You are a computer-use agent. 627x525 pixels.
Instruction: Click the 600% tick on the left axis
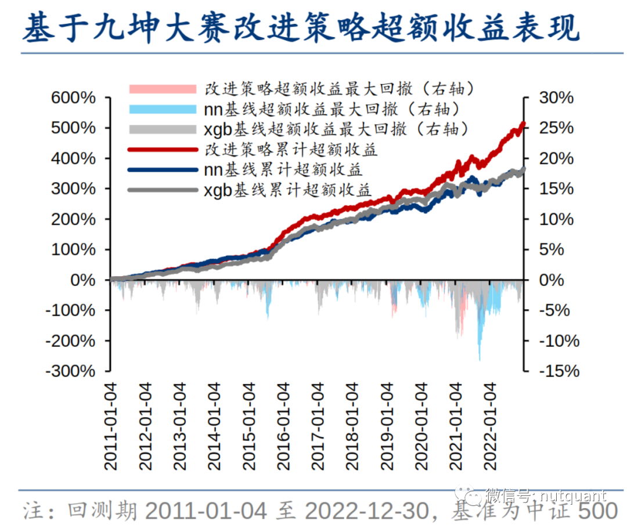click(73, 97)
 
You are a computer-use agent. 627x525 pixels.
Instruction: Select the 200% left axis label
click(73, 219)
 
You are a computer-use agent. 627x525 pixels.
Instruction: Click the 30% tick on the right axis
click(556, 97)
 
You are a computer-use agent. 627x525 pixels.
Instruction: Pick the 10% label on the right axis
click(556, 219)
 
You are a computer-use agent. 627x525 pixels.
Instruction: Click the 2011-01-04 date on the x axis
click(111, 426)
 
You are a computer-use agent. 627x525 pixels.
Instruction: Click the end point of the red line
click(524, 123)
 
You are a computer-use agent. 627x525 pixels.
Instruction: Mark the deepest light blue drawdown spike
click(480, 360)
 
